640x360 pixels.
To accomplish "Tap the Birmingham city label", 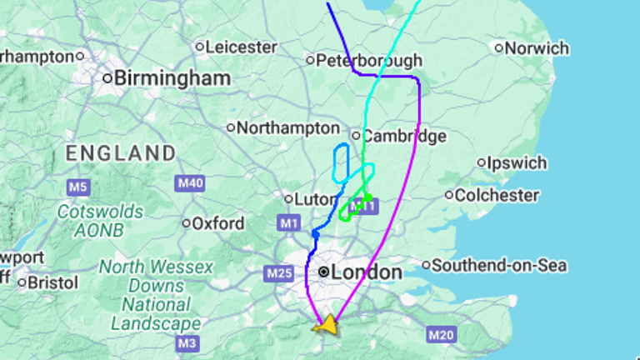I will click(172, 78).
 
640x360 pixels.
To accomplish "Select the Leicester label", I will click(241, 47).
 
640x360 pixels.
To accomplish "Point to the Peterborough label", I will click(369, 61).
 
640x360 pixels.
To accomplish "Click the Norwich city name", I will click(537, 48).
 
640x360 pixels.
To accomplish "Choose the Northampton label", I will click(288, 128).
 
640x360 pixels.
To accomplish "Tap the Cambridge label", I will click(404, 136).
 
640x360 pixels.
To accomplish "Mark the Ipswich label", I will click(517, 163).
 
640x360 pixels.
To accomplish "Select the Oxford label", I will click(218, 223).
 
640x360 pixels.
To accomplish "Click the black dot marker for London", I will click(323, 272).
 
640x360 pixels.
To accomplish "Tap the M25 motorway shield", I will click(278, 272).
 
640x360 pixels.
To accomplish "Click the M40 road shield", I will click(190, 182).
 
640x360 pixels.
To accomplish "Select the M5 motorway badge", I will click(78, 187).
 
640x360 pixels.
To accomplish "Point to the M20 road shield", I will click(441, 335).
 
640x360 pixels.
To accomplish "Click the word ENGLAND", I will click(121, 153).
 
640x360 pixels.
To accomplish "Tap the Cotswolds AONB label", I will click(100, 220).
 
